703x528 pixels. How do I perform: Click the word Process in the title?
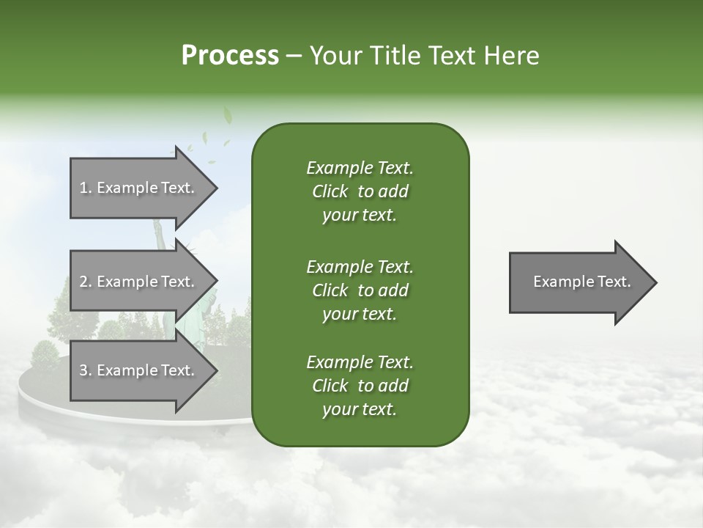click(x=230, y=56)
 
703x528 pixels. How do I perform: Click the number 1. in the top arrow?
click(x=86, y=188)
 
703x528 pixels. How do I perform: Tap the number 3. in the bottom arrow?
click(x=86, y=371)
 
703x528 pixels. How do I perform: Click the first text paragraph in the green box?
click(x=360, y=191)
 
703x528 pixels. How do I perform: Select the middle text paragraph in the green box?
click(x=360, y=290)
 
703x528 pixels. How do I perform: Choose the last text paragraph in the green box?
click(x=360, y=386)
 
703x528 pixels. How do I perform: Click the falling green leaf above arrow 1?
click(x=227, y=116)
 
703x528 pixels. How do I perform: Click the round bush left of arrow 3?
click(x=45, y=354)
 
